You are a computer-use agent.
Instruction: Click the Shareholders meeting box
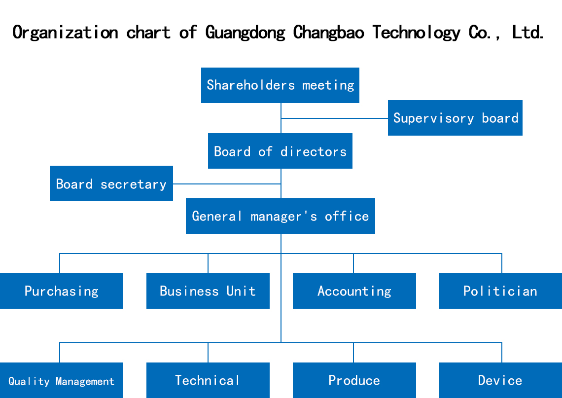tap(280, 85)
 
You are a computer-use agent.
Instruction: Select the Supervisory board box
tap(455, 118)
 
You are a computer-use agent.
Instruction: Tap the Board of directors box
tap(280, 151)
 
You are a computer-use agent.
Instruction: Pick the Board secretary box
tap(111, 183)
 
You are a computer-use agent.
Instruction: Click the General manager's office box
tap(280, 216)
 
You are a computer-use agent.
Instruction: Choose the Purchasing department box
tap(61, 291)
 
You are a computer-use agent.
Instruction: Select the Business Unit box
tap(208, 291)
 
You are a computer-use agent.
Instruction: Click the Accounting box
tap(354, 291)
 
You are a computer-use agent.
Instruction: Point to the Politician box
tap(500, 291)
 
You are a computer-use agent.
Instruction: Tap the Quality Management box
tap(61, 381)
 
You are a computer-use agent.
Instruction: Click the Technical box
tap(208, 380)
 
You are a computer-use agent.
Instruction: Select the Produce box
tap(354, 380)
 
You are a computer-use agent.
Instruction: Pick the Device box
tap(500, 380)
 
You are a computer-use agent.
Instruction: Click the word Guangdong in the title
tap(245, 33)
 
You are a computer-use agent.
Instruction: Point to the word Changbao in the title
tap(328, 33)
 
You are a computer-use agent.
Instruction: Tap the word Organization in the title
tap(65, 33)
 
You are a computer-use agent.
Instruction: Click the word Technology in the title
tap(416, 33)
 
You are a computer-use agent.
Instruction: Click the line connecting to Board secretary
tap(227, 184)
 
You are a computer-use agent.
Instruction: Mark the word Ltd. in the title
tap(528, 33)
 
